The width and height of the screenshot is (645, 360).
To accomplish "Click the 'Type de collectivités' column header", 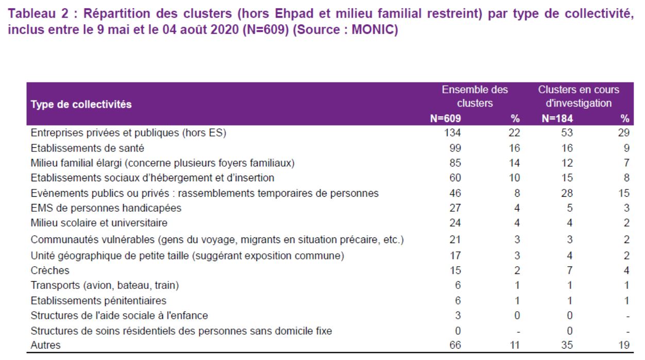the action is click(x=81, y=104).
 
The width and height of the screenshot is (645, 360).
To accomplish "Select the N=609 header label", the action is click(x=446, y=118).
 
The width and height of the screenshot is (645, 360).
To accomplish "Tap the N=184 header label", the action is click(x=557, y=118).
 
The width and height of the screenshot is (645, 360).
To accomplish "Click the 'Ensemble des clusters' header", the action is click(x=475, y=96).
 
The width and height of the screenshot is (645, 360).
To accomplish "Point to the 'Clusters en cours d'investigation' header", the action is click(x=579, y=96).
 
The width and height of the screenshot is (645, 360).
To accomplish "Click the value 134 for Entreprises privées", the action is click(x=452, y=133).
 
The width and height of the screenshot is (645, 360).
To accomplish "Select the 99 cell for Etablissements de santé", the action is click(x=455, y=148).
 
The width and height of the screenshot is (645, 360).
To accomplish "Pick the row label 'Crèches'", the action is click(x=50, y=270).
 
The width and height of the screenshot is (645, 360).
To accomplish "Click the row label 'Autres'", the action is click(x=45, y=345).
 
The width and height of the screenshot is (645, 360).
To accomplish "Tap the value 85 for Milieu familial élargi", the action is click(x=455, y=163).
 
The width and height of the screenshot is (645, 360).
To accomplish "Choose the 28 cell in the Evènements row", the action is click(x=567, y=193).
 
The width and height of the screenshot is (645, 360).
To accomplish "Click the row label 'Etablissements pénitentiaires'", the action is click(x=98, y=301).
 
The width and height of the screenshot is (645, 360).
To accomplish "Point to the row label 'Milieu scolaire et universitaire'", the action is click(x=99, y=223).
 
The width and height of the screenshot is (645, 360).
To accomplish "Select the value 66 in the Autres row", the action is click(x=455, y=345).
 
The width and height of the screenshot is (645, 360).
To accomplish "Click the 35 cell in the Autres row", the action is click(x=567, y=345).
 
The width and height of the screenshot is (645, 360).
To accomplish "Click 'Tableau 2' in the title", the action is click(x=38, y=13).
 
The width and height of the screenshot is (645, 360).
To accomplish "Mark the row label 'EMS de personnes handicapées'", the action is click(x=106, y=208).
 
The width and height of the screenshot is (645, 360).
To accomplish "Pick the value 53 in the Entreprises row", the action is click(x=567, y=133).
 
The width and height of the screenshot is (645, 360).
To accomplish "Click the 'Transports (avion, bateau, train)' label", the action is click(x=105, y=285).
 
